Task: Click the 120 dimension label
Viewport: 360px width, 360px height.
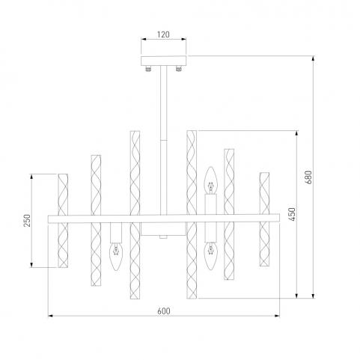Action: [x=163, y=34]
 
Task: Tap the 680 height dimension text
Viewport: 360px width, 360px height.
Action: [x=308, y=177]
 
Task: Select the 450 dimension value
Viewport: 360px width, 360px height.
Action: [x=292, y=214]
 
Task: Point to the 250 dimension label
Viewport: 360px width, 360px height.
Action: [x=27, y=221]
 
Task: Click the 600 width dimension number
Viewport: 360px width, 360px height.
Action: [x=164, y=311]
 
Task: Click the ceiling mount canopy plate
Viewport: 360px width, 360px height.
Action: [x=163, y=61]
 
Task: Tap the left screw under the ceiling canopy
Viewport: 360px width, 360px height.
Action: [x=148, y=69]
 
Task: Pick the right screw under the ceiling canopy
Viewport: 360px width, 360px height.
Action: [x=178, y=69]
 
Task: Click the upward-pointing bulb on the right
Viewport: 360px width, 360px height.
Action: [x=211, y=180]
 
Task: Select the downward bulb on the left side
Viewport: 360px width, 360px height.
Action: [x=116, y=257]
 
